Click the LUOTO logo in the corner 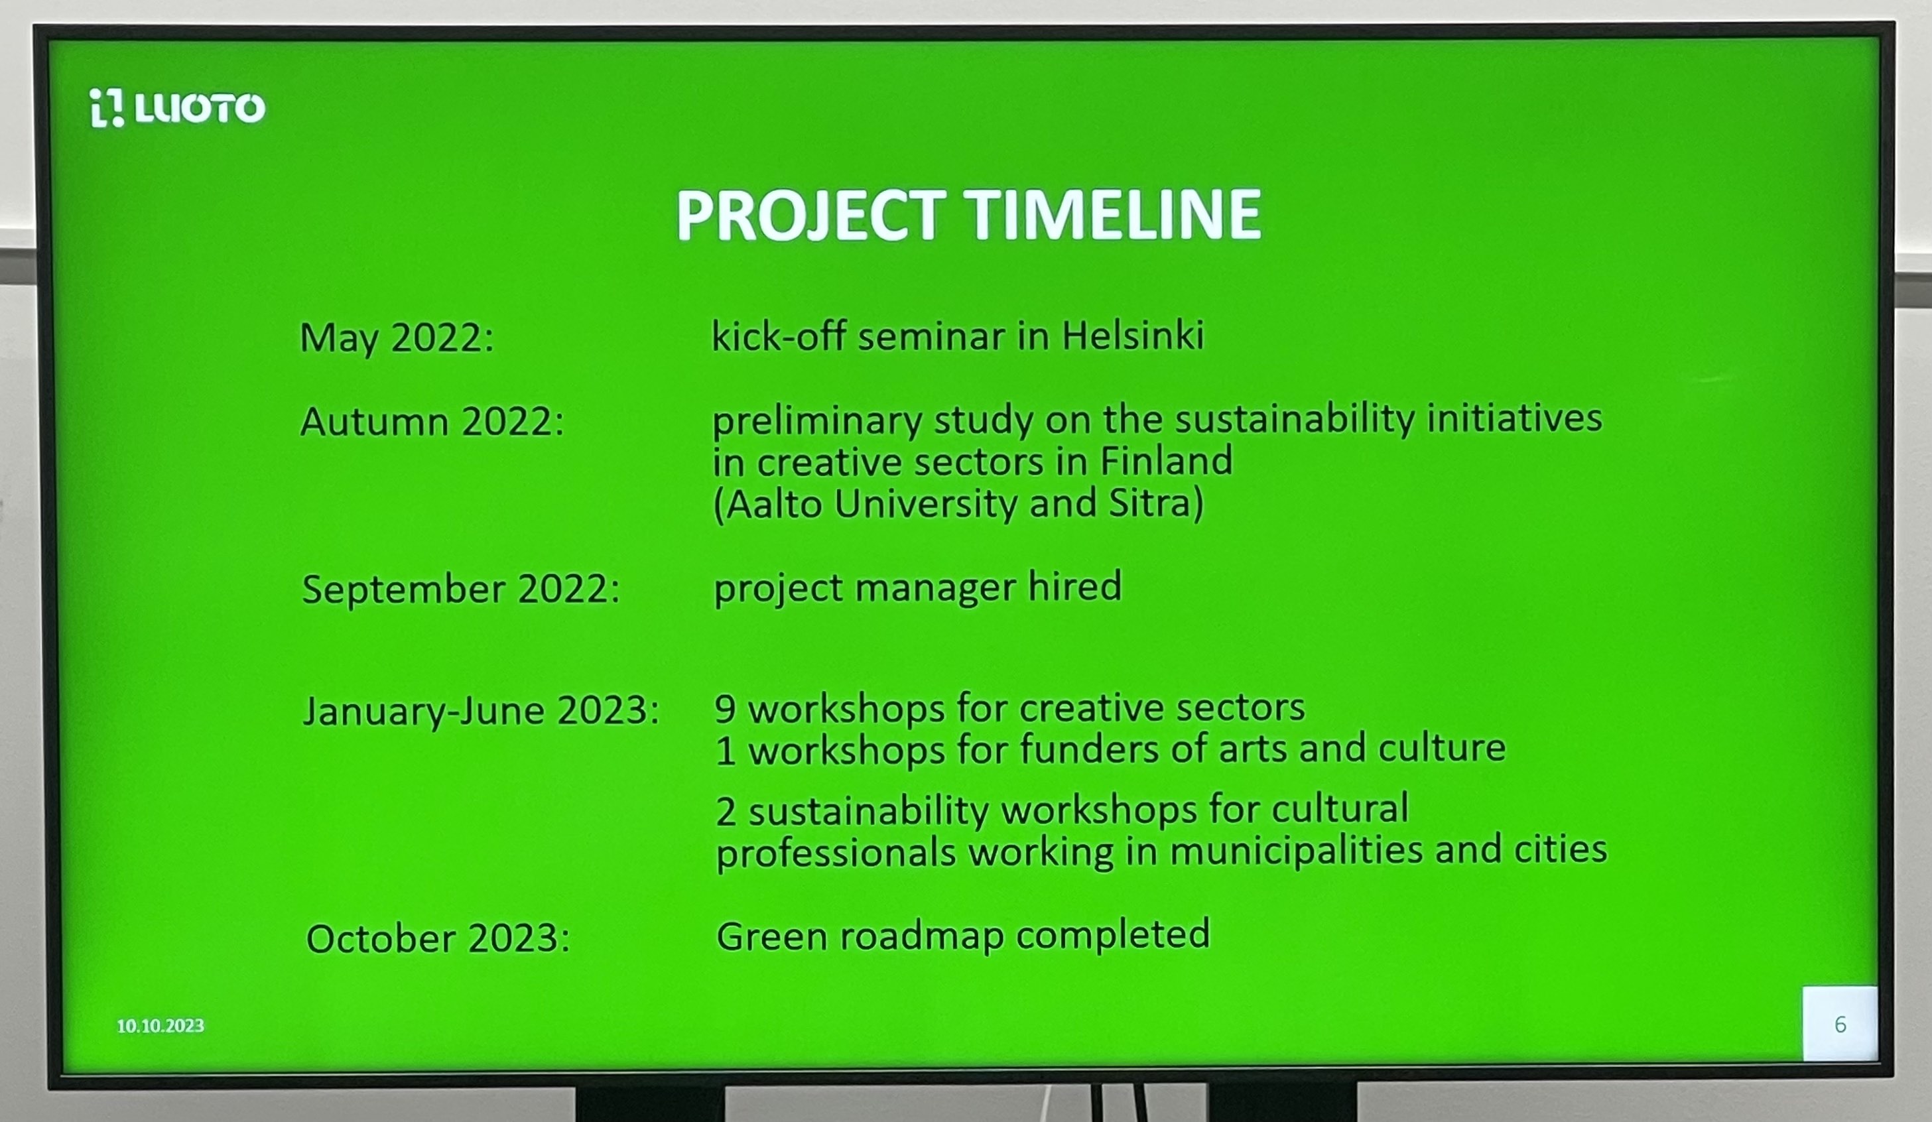[177, 108]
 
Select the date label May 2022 [397, 338]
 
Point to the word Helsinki [1133, 335]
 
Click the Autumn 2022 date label [432, 422]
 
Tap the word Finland [1167, 462]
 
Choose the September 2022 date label [461, 590]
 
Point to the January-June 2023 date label [482, 712]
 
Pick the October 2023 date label [438, 939]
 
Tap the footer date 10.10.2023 [161, 1027]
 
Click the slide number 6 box [1840, 1024]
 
